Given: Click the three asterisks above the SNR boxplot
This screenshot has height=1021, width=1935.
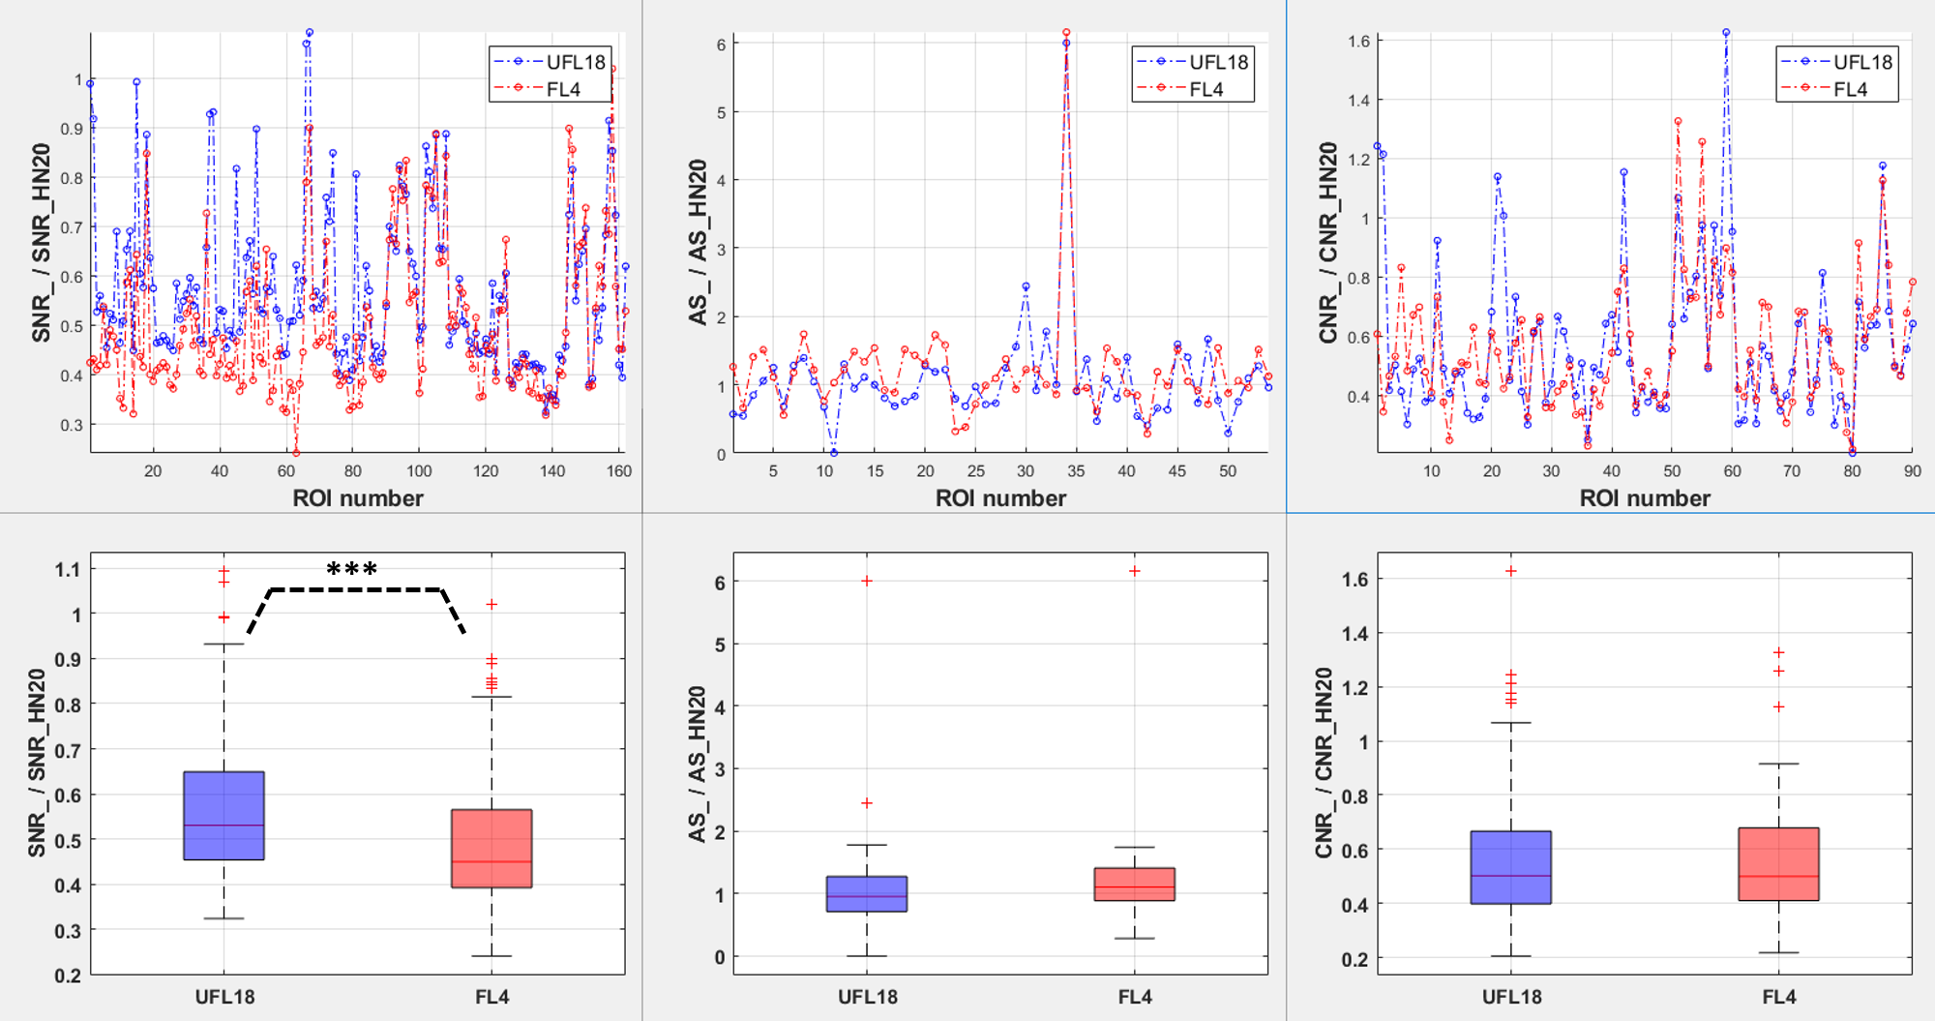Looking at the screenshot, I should click(x=352, y=570).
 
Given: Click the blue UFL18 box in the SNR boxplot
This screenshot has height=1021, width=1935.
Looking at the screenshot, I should click(x=223, y=815).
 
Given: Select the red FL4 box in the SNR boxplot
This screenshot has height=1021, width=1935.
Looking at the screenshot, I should click(x=491, y=848).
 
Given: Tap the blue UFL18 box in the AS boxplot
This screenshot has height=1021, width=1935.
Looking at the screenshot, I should click(x=867, y=893).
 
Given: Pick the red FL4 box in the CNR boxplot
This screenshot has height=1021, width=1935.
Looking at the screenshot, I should click(x=1778, y=863).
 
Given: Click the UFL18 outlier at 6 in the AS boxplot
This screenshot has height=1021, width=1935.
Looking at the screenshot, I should click(x=867, y=581).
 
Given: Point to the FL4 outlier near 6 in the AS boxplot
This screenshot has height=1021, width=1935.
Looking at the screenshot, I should click(x=1134, y=571).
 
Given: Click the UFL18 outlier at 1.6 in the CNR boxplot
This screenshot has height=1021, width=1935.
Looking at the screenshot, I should click(x=1511, y=571).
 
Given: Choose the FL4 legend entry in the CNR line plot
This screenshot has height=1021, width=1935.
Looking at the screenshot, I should click(x=1837, y=89).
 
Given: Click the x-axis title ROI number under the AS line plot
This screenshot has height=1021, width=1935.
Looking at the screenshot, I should click(x=1000, y=498).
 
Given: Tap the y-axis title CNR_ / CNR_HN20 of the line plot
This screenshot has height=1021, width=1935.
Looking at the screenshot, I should click(x=1327, y=242).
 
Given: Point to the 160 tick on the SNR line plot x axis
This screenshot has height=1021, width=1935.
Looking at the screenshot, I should click(x=619, y=471).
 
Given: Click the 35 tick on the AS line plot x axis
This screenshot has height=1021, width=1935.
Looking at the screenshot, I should click(x=1076, y=471).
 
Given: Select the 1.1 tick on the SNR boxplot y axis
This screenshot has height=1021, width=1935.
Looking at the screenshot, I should click(x=68, y=569).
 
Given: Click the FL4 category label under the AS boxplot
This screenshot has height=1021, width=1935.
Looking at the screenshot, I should click(x=1135, y=997).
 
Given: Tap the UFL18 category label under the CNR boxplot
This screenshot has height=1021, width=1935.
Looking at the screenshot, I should click(x=1511, y=997).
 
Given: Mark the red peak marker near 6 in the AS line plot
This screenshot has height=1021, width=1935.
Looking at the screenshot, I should click(x=1066, y=33).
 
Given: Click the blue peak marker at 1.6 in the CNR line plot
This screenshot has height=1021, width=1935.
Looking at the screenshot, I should click(x=1726, y=33).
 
